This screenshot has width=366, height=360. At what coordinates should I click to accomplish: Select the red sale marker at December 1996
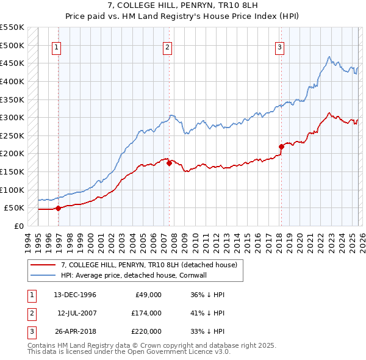pyautogui.click(x=59, y=208)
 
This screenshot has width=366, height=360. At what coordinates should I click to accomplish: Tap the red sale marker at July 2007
pyautogui.click(x=169, y=163)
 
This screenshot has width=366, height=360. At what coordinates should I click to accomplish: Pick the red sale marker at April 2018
pyautogui.click(x=281, y=146)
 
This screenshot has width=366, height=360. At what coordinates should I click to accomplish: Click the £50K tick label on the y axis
pyautogui.click(x=13, y=208)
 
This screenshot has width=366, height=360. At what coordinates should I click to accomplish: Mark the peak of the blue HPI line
pyautogui.click(x=329, y=57)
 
